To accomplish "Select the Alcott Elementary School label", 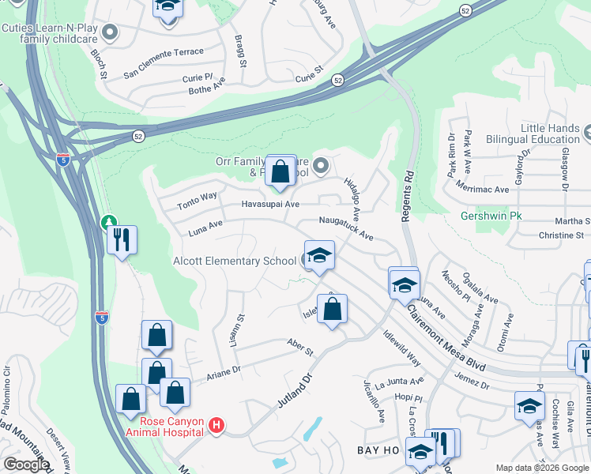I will click(x=235, y=261).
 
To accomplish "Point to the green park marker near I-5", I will click(x=108, y=224).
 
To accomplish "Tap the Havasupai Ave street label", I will click(x=270, y=204).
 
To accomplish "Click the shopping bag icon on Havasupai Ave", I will click(x=280, y=171).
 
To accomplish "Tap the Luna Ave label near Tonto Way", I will click(x=205, y=228).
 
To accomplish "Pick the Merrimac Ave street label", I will click(x=483, y=189).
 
